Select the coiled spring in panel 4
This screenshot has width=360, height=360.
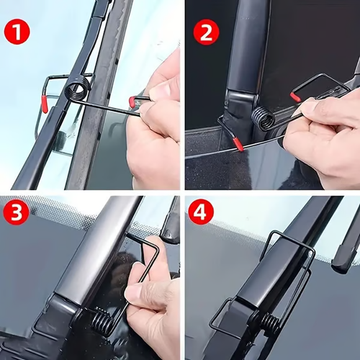pos(268,322)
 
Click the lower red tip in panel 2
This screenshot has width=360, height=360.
pos(238,144)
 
